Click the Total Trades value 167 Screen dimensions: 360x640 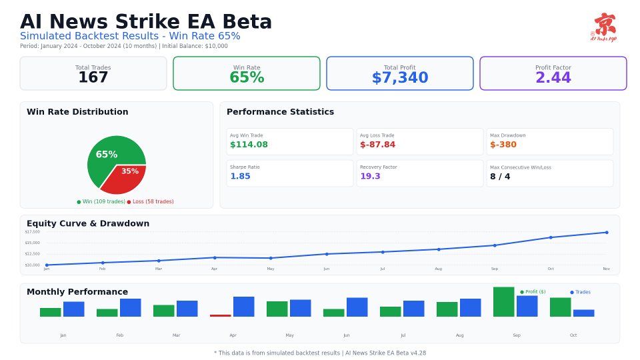pyautogui.click(x=93, y=78)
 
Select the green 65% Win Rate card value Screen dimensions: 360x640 pyautogui.click(x=247, y=78)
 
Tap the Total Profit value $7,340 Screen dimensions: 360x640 pyautogui.click(x=400, y=78)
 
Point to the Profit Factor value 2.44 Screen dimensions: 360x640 pyautogui.click(x=553, y=78)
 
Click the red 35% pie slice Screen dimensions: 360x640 pyautogui.click(x=126, y=177)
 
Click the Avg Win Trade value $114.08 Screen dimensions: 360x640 pyautogui.click(x=249, y=145)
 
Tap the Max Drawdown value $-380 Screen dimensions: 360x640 pyautogui.click(x=503, y=145)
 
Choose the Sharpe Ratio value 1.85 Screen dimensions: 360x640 pyautogui.click(x=240, y=177)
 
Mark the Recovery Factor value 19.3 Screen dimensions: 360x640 pyautogui.click(x=370, y=177)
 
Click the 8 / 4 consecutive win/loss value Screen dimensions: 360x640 pyautogui.click(x=500, y=177)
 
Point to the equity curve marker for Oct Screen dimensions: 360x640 pyautogui.click(x=551, y=237)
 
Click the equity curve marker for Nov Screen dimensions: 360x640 pyautogui.click(x=607, y=232)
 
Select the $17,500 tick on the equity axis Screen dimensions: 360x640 pyautogui.click(x=32, y=231)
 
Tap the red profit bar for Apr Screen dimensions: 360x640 pyautogui.click(x=221, y=315)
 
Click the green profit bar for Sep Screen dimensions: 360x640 pyautogui.click(x=504, y=302)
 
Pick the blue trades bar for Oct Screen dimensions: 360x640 pyautogui.click(x=583, y=313)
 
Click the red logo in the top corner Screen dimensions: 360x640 pyautogui.click(x=604, y=27)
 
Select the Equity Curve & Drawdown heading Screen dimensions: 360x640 pyautogui.click(x=88, y=223)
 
